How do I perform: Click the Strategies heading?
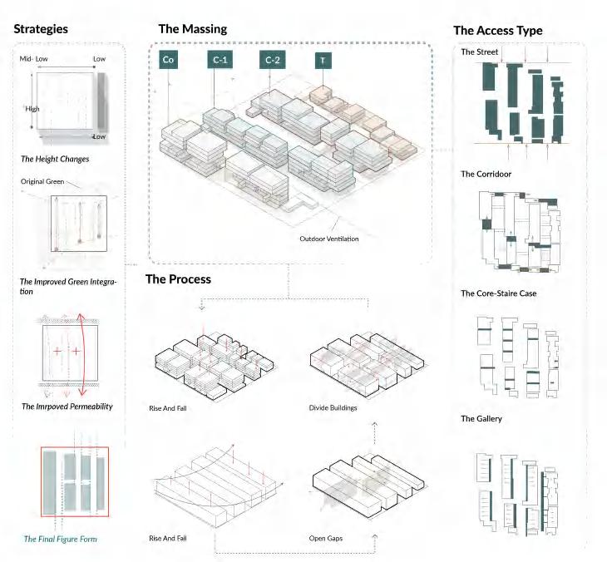coord(41,29)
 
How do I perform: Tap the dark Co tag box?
coord(168,60)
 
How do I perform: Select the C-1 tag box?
coord(219,60)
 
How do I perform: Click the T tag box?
coord(321,60)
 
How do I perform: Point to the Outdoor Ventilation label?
coord(330,239)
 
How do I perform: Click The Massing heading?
coord(192,29)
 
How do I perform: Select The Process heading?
coord(178,279)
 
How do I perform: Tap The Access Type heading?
coord(497,31)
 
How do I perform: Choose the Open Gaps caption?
coord(325,538)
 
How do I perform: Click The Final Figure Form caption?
coord(61,540)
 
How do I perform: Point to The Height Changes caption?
coord(55,158)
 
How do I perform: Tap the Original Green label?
coord(42,180)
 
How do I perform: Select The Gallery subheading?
coord(481,419)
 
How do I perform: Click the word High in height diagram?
coord(32,109)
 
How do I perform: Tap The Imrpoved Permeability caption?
coord(67,407)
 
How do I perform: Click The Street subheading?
coord(480,52)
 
